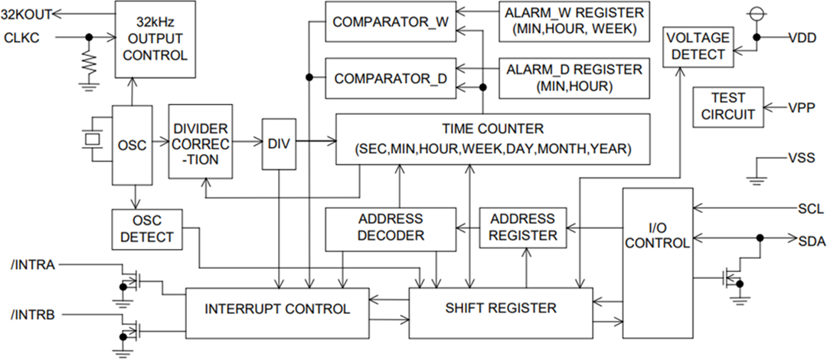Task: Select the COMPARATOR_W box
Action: [x=391, y=21]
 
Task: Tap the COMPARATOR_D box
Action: [x=391, y=78]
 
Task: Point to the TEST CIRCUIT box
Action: [x=727, y=106]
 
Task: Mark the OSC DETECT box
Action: [x=147, y=229]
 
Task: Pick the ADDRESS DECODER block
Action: [x=391, y=227]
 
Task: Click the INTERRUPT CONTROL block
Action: [x=277, y=309]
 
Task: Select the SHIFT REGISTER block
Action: [x=501, y=309]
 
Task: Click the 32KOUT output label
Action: [x=27, y=14]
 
